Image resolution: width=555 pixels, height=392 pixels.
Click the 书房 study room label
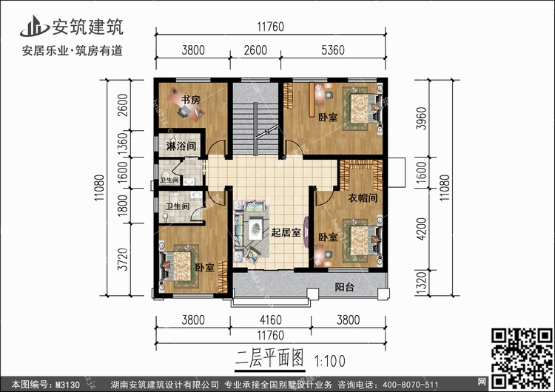(191, 100)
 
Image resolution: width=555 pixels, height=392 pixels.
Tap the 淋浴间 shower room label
(181, 146)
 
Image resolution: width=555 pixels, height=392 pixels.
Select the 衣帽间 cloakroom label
(363, 198)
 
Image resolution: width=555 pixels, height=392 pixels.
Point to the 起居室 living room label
(285, 232)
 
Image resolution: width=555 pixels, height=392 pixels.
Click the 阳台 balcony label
(343, 288)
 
